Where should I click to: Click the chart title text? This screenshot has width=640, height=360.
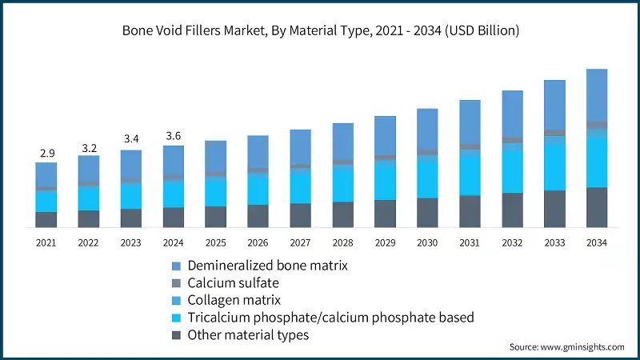[320, 31]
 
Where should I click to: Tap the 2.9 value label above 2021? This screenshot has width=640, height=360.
[46, 152]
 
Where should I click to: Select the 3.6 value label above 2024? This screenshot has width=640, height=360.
[173, 135]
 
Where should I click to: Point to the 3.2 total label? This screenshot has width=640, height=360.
[88, 147]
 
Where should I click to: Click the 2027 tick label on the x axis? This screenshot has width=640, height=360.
[300, 242]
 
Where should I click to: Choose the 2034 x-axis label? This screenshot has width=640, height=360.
[597, 242]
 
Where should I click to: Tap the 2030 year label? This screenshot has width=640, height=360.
[427, 242]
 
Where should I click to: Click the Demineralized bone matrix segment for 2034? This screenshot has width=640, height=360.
[597, 94]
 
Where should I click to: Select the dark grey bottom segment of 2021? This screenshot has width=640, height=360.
[46, 219]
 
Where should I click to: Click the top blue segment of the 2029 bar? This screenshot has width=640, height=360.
[385, 135]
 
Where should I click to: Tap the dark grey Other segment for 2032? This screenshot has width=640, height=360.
[512, 210]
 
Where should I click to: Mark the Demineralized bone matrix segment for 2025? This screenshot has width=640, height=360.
[215, 155]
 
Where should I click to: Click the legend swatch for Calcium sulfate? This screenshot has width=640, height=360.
[176, 282]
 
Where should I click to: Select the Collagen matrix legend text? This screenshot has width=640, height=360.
[234, 300]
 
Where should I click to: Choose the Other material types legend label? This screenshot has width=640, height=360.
[248, 335]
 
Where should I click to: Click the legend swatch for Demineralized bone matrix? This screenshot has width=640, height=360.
[176, 265]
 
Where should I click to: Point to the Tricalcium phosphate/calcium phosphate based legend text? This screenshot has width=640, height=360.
[330, 318]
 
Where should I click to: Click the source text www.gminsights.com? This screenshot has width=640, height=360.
[566, 347]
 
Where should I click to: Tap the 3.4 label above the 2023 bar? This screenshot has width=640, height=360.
[130, 139]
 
